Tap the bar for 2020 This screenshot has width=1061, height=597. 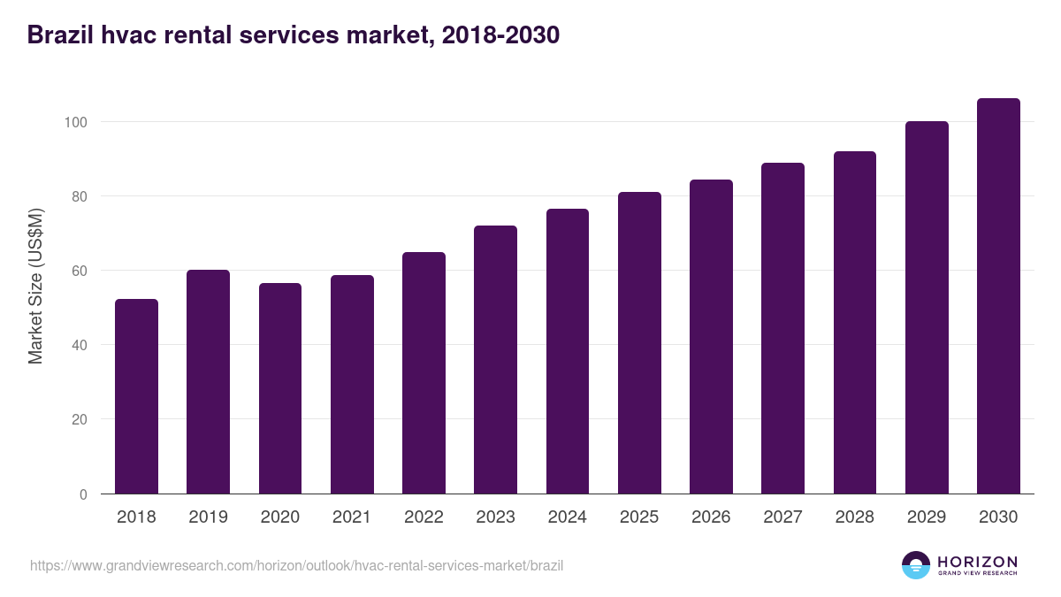[x=280, y=388]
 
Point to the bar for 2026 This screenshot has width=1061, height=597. [x=711, y=337]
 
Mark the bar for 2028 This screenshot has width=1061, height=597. [x=855, y=323]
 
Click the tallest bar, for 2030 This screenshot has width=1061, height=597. [x=998, y=296]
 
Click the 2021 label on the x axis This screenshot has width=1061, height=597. [x=352, y=517]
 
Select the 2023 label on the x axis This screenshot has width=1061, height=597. [x=495, y=517]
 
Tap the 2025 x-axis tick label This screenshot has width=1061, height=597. [x=639, y=517]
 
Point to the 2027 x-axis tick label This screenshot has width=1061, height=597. [x=782, y=517]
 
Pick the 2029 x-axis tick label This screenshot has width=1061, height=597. [x=927, y=517]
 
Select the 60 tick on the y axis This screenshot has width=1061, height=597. [x=79, y=271]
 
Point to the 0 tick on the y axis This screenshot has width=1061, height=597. [x=83, y=494]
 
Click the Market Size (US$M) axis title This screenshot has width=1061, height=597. [x=35, y=286]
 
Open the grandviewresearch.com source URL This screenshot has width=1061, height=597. [x=296, y=565]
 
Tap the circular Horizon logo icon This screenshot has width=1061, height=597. [x=916, y=565]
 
